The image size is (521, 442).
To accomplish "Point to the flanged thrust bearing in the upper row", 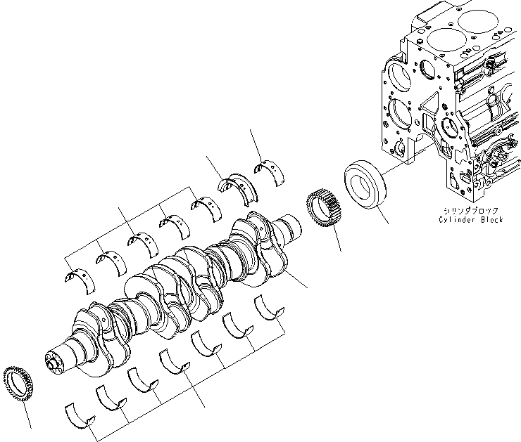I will pos(236,185).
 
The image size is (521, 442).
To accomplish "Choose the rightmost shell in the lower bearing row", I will pos(269,306).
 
